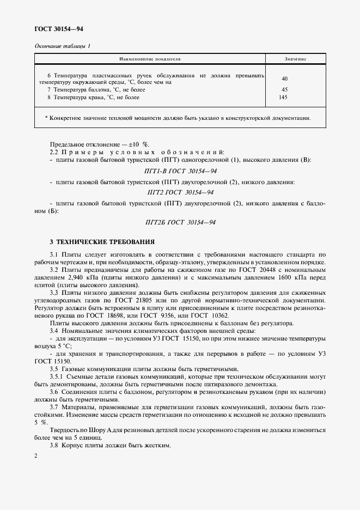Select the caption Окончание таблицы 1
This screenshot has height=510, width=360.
pyautogui.click(x=62, y=46)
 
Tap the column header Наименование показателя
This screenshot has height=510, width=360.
pyautogui.click(x=150, y=58)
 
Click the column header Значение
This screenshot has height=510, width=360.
pyautogui.click(x=295, y=58)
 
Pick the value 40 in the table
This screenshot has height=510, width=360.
pyautogui.click(x=285, y=78)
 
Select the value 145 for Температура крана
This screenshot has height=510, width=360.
pyautogui.click(x=283, y=98)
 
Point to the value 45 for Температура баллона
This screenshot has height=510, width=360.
pyautogui.click(x=284, y=89)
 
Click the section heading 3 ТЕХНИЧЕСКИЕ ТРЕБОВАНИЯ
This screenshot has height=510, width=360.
pyautogui.click(x=102, y=241)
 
